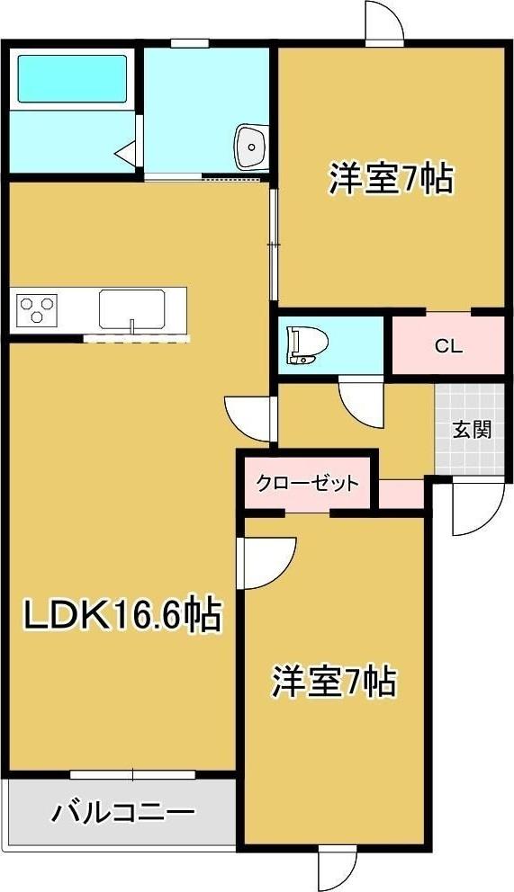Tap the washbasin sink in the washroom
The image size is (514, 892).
click(250, 147)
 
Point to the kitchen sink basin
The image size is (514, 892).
click(131, 310)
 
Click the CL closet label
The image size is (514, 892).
click(448, 345)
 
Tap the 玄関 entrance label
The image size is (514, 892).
click(471, 429)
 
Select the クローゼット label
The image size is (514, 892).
click(307, 484)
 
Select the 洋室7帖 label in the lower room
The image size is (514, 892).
click(334, 682)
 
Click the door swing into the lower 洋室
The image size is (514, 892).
click(266, 564)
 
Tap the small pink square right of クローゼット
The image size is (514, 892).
click(401, 493)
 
